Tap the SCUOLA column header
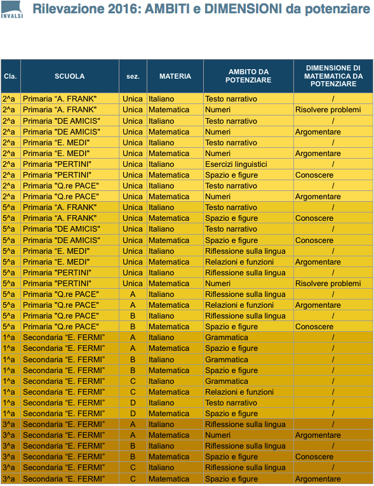(69, 76)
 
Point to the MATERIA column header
(175, 76)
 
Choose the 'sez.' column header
(132, 76)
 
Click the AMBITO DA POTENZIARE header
(248, 76)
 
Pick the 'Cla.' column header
(10, 76)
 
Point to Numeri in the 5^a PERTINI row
(218, 284)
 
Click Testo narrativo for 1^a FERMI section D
(230, 403)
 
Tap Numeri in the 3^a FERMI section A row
(218, 435)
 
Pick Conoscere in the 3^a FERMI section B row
(314, 457)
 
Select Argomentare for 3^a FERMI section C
(317, 479)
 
